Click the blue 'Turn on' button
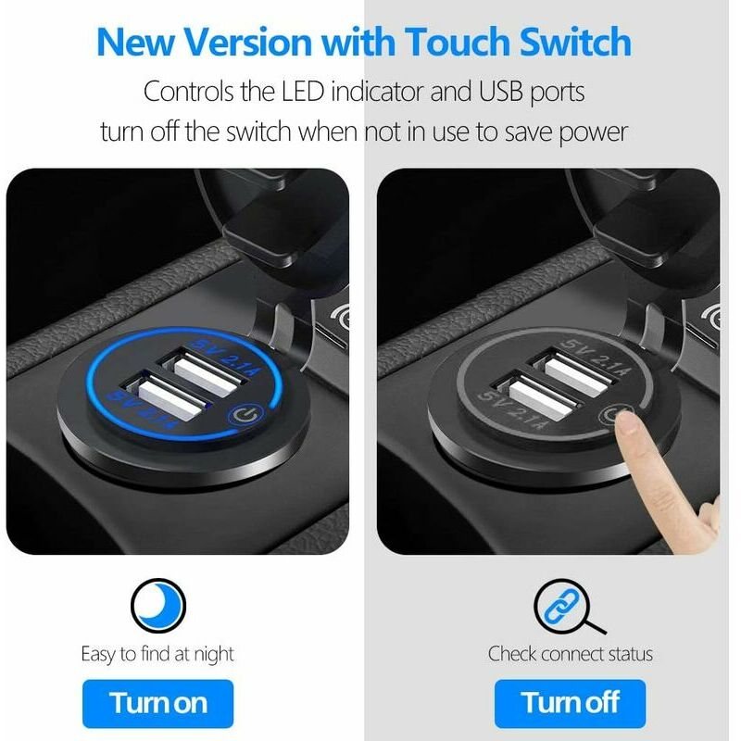coord(157,703)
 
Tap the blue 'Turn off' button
coord(570,703)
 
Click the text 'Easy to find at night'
coord(157,654)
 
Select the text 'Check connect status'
coord(571,654)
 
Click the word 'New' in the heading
coord(137,42)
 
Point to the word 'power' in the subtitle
coord(592,131)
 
